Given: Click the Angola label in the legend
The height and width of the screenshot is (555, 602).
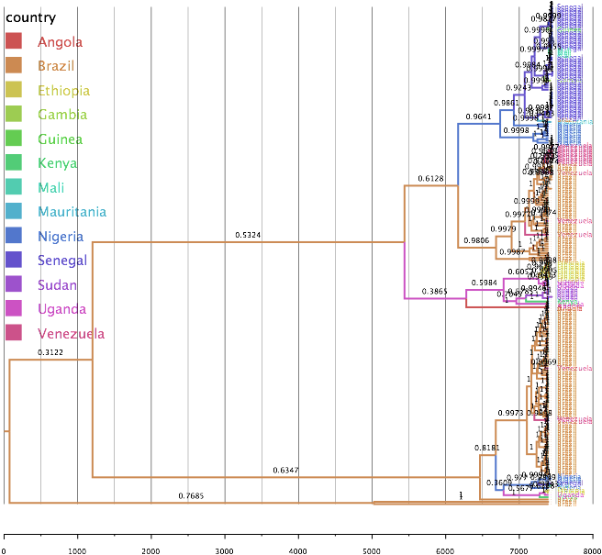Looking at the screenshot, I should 60,42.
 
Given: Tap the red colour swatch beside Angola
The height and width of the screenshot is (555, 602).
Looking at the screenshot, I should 14,41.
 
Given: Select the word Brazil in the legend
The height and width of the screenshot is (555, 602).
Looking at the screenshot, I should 56,66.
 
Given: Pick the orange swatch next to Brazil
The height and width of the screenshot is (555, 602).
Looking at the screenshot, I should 14,66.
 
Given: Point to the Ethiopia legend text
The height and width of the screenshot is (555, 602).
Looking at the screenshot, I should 63,91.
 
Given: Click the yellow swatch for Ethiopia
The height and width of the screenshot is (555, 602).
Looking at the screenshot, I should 14,90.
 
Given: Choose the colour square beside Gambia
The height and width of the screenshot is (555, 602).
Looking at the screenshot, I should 14,115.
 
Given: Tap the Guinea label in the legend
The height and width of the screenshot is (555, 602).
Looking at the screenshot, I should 60,139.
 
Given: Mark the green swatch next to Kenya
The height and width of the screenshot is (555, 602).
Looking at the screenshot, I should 14,163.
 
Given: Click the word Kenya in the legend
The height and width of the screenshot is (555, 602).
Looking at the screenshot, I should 57,163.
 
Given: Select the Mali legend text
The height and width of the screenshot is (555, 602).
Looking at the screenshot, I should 50,188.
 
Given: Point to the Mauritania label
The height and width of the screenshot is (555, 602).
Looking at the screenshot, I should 72,212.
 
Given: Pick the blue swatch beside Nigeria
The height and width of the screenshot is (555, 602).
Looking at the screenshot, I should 14,236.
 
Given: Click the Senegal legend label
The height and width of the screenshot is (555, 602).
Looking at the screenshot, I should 62,261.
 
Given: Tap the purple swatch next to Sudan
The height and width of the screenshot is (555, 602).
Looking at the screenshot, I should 14,284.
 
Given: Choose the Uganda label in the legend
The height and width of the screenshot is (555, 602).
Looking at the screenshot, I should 61,309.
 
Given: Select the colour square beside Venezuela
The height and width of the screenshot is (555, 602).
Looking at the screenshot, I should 14,333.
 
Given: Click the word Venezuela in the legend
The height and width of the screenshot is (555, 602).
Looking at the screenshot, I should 71,334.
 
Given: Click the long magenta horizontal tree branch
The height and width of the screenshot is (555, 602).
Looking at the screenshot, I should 435,298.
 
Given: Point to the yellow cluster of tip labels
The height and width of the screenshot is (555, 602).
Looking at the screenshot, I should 572,272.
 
